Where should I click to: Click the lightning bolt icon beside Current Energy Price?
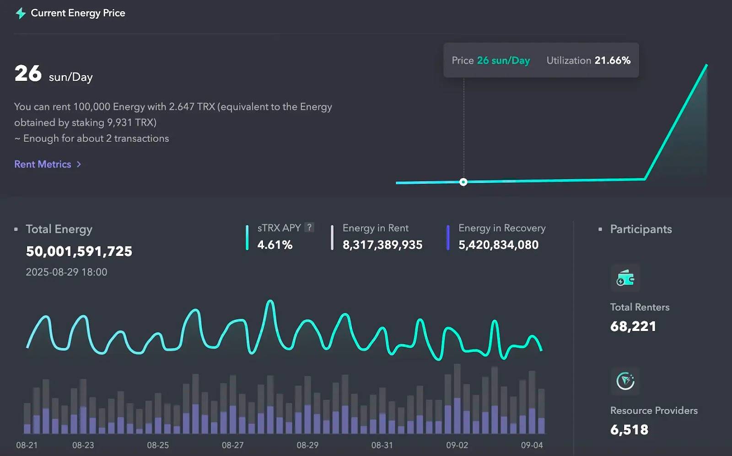(21, 13)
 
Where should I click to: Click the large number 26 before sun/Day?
(28, 74)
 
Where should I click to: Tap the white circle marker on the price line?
(463, 182)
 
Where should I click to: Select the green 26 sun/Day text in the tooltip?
(503, 60)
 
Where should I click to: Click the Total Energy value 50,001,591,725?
(79, 251)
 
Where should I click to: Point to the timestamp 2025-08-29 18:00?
(66, 272)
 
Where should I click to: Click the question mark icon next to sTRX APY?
(309, 227)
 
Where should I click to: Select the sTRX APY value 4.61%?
(274, 245)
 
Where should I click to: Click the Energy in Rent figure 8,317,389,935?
(382, 245)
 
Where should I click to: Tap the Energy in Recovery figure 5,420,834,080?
(498, 245)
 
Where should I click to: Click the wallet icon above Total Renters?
(625, 278)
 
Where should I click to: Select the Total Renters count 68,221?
(633, 327)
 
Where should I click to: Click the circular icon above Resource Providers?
(625, 381)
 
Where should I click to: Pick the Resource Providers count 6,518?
(629, 430)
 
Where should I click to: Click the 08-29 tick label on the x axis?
(307, 445)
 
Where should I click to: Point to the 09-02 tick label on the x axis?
(457, 445)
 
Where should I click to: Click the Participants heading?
(640, 229)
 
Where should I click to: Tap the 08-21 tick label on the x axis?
(27, 445)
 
